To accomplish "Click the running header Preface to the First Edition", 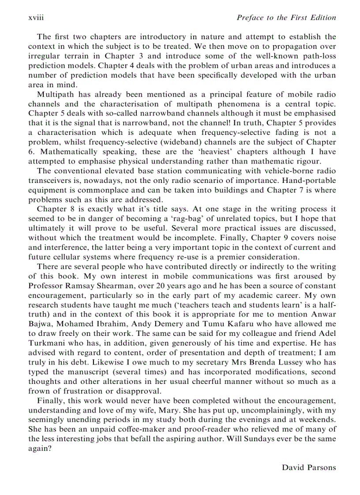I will (x=286, y=18).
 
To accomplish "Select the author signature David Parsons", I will (x=309, y=467).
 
